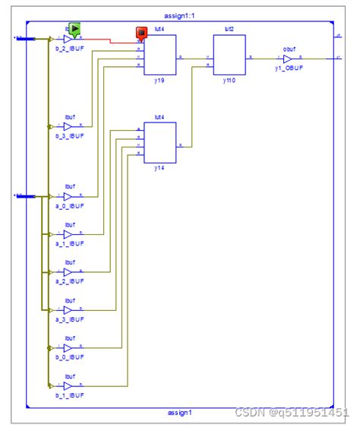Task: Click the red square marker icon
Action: [x=141, y=33]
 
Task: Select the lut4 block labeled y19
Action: [x=161, y=56]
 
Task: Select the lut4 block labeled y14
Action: [x=161, y=142]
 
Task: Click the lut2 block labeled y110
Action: [x=229, y=56]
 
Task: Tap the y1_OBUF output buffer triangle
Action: [x=288, y=57]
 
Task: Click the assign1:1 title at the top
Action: [x=179, y=15]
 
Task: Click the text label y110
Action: [x=229, y=81]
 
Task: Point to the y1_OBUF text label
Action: [x=289, y=68]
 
